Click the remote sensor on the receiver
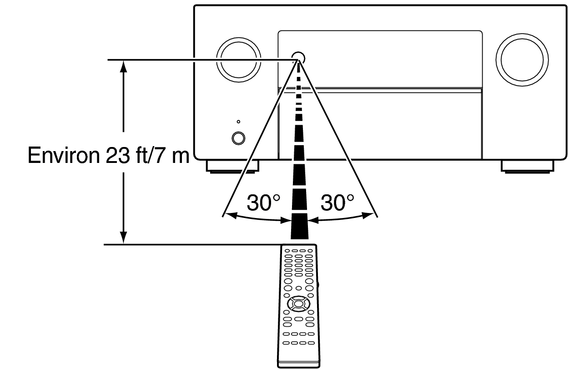pyautogui.click(x=298, y=57)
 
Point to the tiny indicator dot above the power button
pyautogui.click(x=238, y=122)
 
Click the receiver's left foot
pyautogui.click(x=232, y=167)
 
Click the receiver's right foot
pyautogui.click(x=527, y=167)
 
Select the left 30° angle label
pyautogui.click(x=263, y=203)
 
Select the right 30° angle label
pyautogui.click(x=337, y=203)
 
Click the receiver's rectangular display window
pyautogui.click(x=379, y=59)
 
